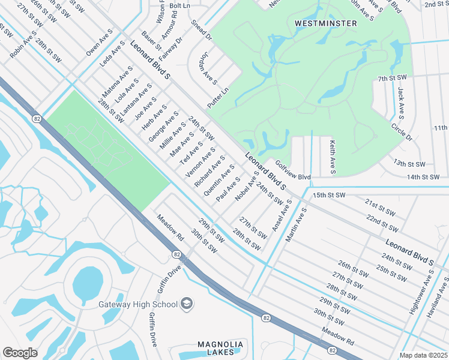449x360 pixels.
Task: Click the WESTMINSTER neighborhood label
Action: pos(326,23)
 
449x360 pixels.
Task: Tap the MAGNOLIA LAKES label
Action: pos(221,348)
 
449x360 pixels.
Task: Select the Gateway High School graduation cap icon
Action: pos(187,303)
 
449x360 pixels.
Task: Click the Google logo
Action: pos(20,352)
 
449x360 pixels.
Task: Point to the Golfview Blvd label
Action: pos(293,170)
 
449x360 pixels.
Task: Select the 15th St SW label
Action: pos(329,195)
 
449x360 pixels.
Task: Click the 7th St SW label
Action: pos(393,79)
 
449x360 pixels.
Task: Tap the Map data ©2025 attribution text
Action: pos(424,355)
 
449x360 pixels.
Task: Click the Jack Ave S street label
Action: pos(400,101)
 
